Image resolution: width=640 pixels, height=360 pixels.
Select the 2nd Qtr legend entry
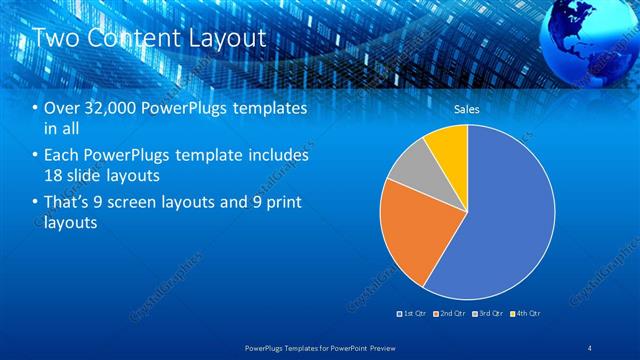(451, 314)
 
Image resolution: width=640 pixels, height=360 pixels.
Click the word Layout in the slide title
(231, 38)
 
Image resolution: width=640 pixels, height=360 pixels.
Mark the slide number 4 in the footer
(591, 346)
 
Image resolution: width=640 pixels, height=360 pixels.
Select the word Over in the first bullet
(61, 108)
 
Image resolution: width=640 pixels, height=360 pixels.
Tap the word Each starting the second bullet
(62, 156)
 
